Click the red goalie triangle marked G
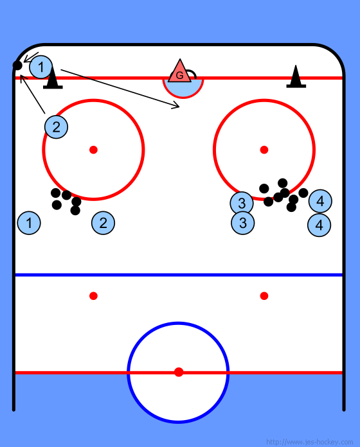180,72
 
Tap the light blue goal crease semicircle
183,89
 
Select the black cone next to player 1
53,78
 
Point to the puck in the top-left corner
17,66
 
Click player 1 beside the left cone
40,67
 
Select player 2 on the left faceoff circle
56,127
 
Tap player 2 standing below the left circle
104,223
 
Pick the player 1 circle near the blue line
29,223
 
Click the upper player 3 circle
242,203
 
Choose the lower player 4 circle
319,225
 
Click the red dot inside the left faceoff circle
94,150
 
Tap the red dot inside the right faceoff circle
264,150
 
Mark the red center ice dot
179,372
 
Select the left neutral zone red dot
94,296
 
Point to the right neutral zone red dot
264,296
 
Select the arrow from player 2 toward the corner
33,94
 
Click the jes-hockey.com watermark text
309,442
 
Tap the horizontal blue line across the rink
179,275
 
